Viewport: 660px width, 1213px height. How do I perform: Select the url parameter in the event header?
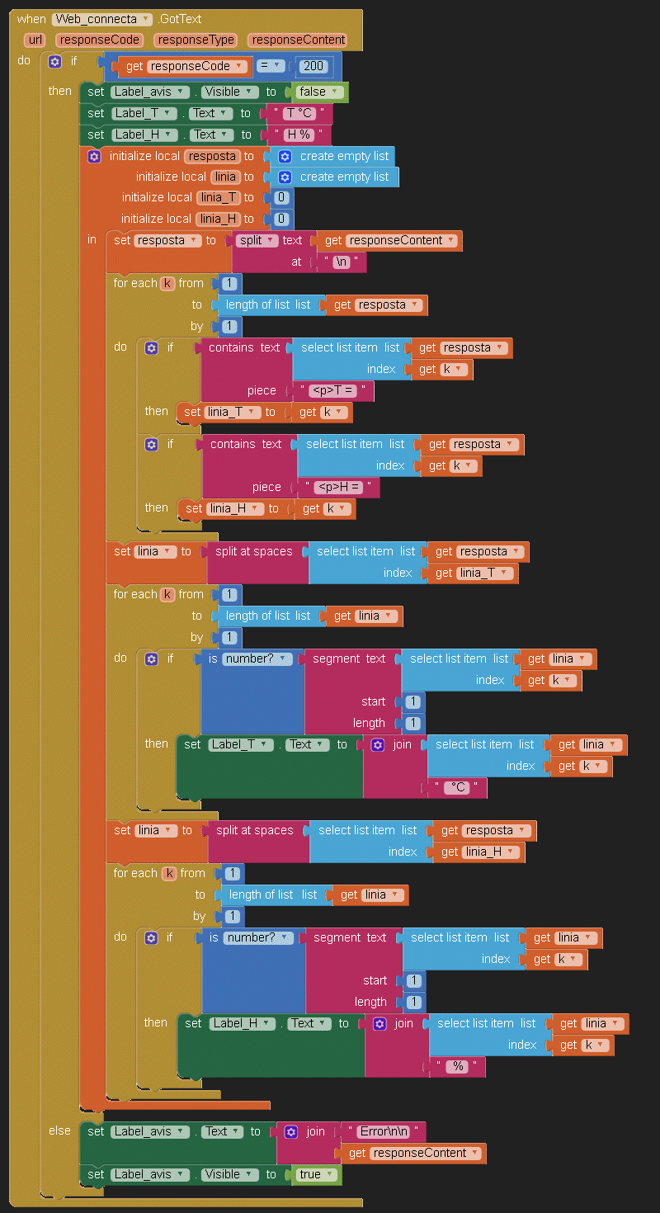(x=35, y=40)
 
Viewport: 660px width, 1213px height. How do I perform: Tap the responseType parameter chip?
(x=196, y=40)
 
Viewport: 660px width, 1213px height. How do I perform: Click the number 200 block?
(x=314, y=66)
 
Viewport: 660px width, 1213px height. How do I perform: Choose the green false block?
(x=318, y=92)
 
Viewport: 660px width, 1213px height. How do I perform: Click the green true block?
(x=314, y=1174)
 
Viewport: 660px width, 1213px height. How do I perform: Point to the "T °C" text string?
(x=297, y=113)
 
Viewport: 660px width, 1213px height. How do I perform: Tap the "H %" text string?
(x=297, y=135)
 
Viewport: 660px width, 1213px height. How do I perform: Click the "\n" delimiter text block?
(x=342, y=262)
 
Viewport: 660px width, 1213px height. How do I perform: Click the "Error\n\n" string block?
(x=384, y=1131)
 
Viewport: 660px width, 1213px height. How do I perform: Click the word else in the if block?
(x=59, y=1130)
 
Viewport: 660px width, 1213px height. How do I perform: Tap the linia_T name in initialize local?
(x=217, y=197)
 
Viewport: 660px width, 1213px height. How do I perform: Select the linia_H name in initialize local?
(x=217, y=219)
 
